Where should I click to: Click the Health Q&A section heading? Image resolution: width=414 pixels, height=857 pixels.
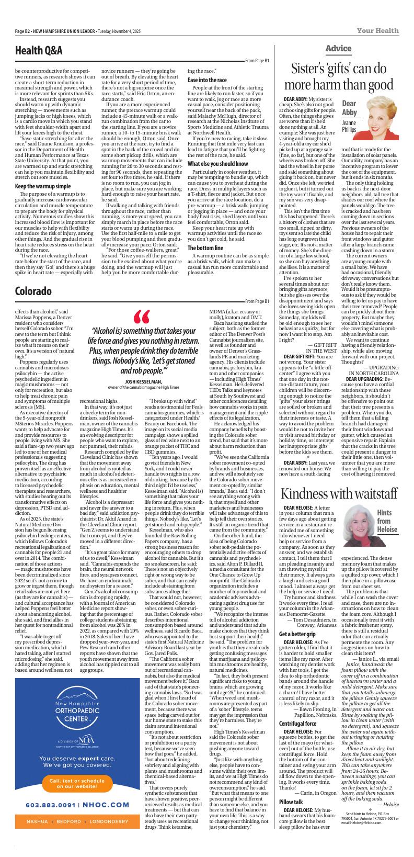[39, 51]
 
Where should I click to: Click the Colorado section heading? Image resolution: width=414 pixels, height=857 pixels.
[33, 291]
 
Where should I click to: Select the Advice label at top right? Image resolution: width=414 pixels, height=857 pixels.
[338, 49]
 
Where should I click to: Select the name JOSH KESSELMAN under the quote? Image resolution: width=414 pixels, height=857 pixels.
[143, 367]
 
